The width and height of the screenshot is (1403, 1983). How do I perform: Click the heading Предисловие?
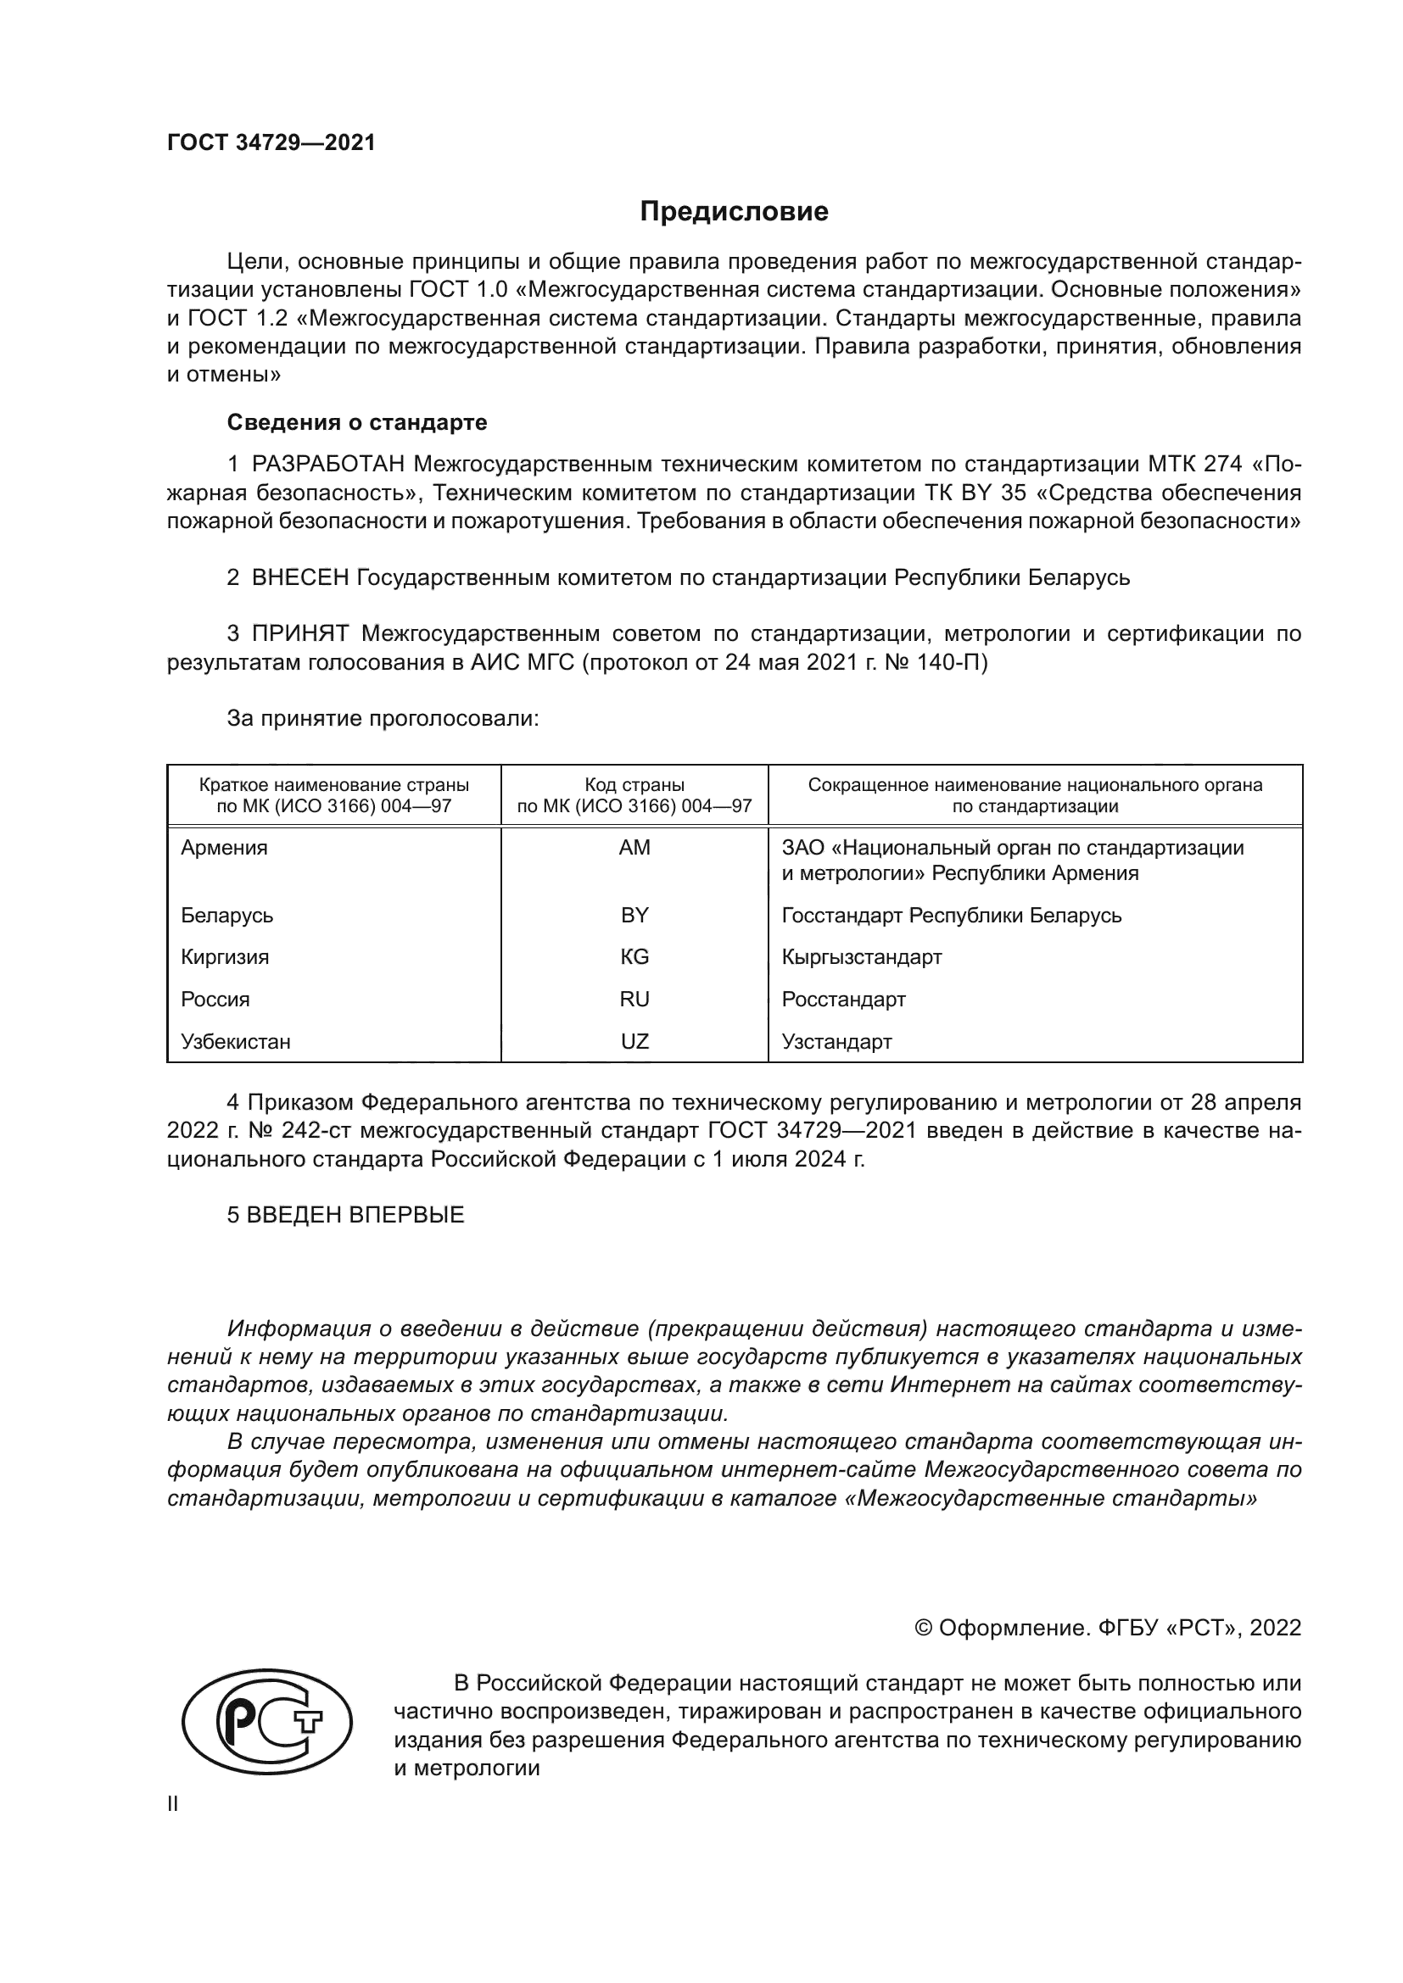734,212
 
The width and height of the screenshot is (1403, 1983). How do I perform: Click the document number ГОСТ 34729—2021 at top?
271,143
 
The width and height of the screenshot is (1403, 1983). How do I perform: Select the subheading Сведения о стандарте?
357,422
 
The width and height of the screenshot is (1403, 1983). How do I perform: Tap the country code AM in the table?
634,847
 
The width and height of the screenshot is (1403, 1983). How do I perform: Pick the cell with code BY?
634,915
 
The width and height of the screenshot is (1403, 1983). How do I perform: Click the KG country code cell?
634,957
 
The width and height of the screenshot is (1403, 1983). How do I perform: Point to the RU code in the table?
634,1000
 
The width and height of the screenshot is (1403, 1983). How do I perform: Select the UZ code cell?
634,1042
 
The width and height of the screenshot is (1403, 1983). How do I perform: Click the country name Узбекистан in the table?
235,1042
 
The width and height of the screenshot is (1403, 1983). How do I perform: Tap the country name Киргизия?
225,957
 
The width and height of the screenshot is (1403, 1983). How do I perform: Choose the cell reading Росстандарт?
843,1000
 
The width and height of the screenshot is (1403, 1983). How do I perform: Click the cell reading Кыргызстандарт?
861,957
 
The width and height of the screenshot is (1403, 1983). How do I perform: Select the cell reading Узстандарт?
836,1042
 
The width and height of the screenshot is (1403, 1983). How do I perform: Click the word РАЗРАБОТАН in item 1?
328,465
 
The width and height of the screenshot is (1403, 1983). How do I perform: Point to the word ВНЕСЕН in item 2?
299,578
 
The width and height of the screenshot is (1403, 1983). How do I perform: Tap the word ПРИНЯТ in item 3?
299,634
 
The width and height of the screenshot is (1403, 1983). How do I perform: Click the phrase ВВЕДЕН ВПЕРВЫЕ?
355,1215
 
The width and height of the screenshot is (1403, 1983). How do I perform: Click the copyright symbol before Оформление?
923,1628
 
